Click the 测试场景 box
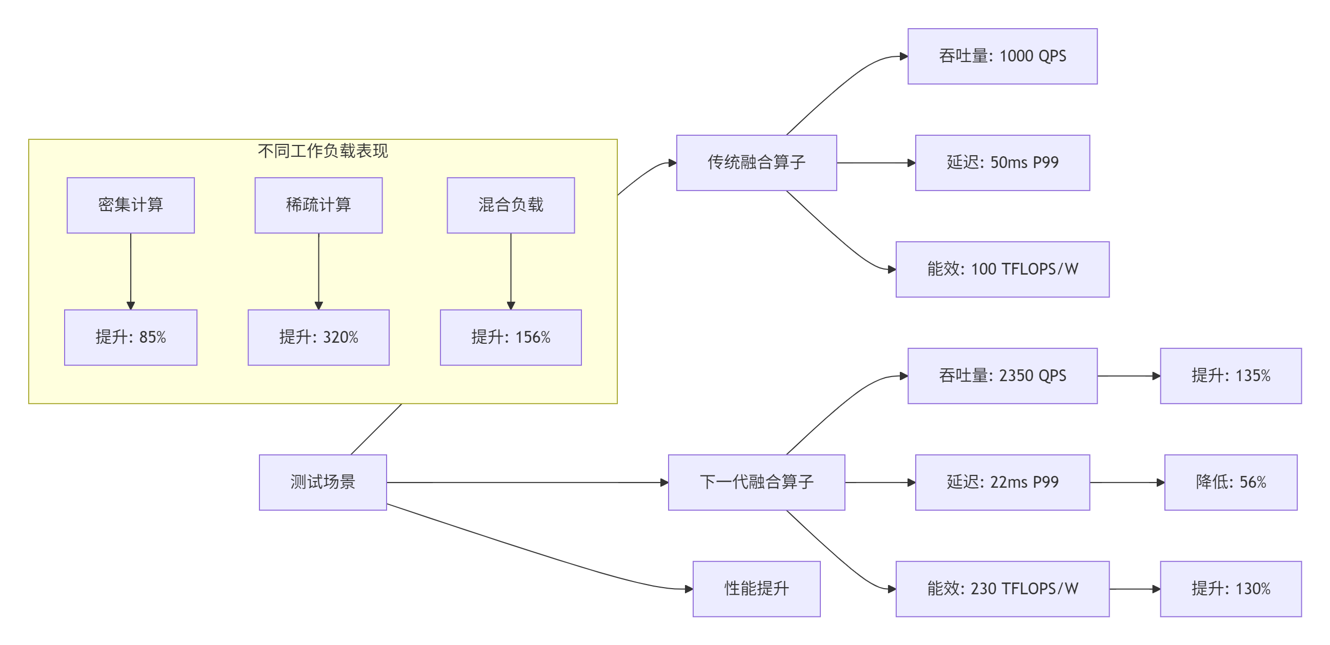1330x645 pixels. [x=323, y=482]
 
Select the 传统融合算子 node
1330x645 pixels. [x=756, y=162]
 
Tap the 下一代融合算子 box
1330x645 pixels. [x=756, y=482]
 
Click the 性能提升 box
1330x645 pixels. [x=756, y=589]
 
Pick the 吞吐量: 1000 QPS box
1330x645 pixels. [x=1002, y=56]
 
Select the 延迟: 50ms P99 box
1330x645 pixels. [x=1002, y=162]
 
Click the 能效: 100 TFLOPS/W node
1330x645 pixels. [x=1002, y=269]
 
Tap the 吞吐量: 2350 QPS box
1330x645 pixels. [x=1002, y=376]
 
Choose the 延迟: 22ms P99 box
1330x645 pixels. [x=1002, y=482]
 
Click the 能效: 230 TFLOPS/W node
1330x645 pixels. [x=1002, y=589]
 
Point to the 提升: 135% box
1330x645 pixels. [x=1231, y=376]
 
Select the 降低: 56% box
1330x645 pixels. [x=1231, y=482]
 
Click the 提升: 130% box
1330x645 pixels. [x=1231, y=589]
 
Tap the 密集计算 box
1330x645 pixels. [x=131, y=205]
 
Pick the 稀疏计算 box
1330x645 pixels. [x=318, y=205]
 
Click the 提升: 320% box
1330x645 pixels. [x=318, y=337]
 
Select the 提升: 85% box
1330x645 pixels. [x=131, y=337]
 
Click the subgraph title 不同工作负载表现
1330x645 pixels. [x=323, y=151]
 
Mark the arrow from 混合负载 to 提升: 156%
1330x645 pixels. [x=511, y=271]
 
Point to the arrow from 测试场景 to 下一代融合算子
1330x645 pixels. [x=527, y=483]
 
